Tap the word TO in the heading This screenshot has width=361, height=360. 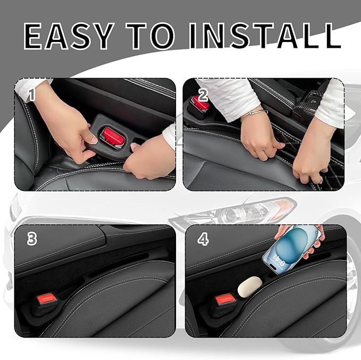pyautogui.click(x=150, y=36)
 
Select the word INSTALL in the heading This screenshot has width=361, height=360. pyautogui.click(x=265, y=36)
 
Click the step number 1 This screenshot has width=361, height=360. pyautogui.click(x=31, y=95)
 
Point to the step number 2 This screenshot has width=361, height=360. pyautogui.click(x=203, y=95)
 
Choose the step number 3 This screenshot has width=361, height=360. pyautogui.click(x=32, y=239)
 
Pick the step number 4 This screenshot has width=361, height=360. pyautogui.click(x=203, y=239)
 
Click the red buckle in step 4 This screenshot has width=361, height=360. pyautogui.click(x=225, y=299)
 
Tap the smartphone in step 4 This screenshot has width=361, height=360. pyautogui.click(x=291, y=250)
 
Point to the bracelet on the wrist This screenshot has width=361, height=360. pyautogui.click(x=254, y=114)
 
